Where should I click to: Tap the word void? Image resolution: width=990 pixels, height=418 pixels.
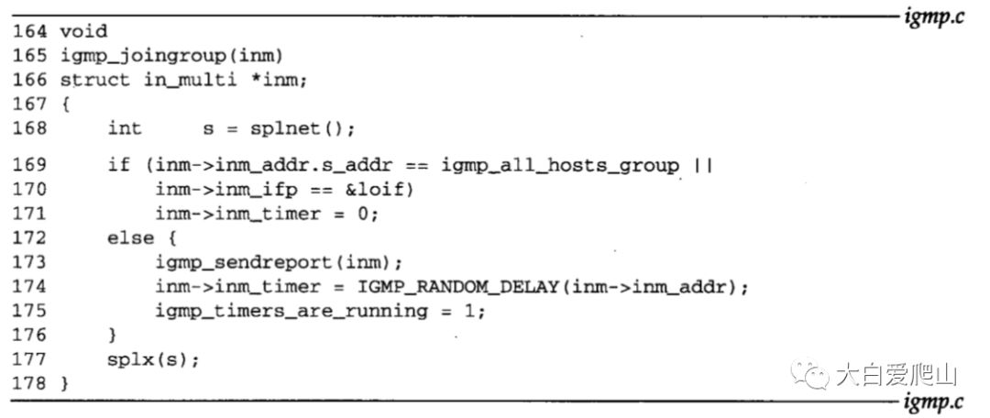coord(83,32)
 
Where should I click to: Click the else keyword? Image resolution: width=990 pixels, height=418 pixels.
coord(130,238)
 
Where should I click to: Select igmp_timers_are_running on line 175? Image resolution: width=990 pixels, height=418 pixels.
coord(291,310)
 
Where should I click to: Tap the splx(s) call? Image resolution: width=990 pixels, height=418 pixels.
coord(153,358)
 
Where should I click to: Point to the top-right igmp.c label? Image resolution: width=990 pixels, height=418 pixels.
coord(933,16)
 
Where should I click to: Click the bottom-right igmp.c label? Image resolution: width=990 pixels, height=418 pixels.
coord(933,401)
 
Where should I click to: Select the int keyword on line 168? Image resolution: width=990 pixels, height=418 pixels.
coord(125,127)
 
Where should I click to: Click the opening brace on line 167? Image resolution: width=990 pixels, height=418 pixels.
coord(65,104)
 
